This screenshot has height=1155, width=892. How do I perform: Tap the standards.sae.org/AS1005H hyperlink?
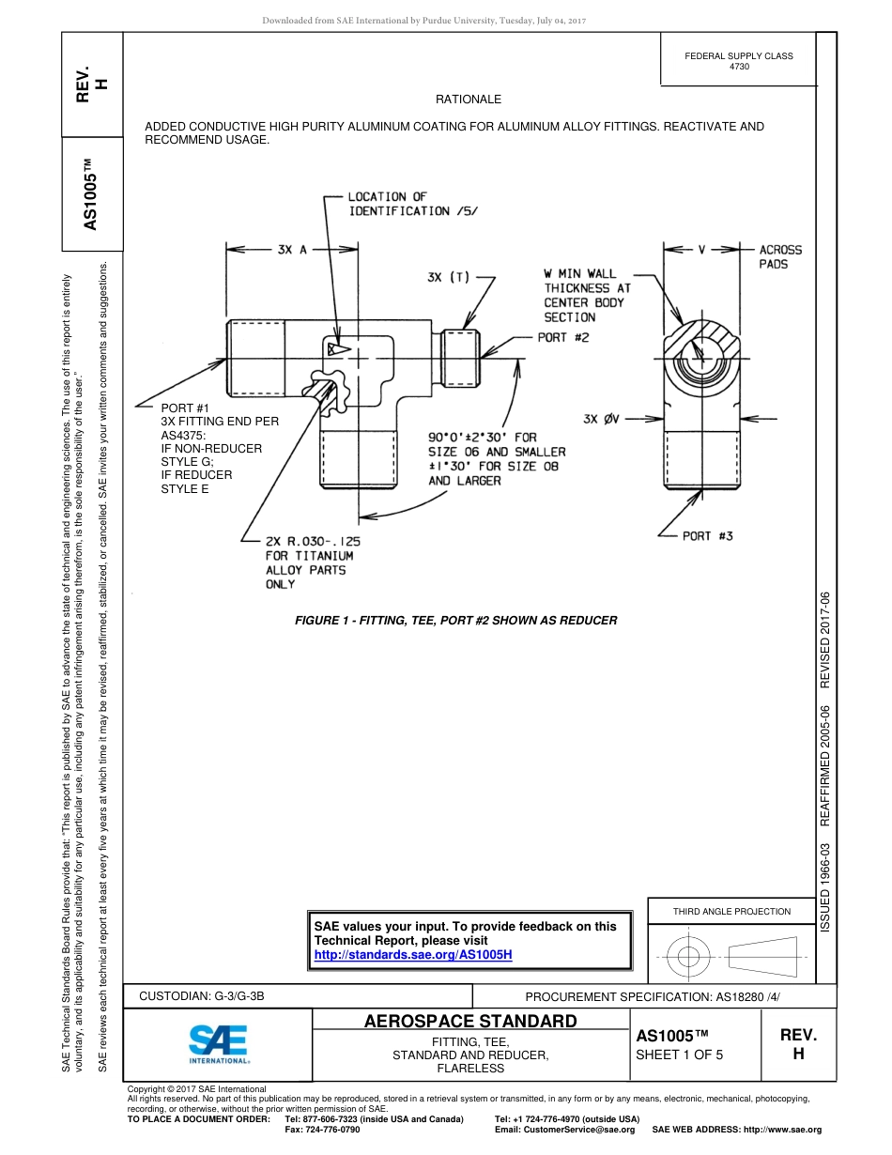(x=412, y=955)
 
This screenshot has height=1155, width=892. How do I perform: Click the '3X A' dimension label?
(x=291, y=250)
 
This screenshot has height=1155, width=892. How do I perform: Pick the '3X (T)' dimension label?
(x=448, y=277)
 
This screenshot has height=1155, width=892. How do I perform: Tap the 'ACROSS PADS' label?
(x=780, y=257)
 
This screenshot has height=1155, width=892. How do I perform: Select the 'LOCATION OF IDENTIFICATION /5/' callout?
(x=412, y=204)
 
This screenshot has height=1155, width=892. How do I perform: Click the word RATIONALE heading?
(x=468, y=100)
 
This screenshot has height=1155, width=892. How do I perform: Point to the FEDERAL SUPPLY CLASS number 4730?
(x=739, y=67)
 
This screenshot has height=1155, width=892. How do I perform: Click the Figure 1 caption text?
(x=455, y=621)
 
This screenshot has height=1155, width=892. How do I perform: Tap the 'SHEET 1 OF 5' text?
(x=679, y=1055)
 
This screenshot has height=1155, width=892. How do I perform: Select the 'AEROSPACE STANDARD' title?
(x=470, y=1022)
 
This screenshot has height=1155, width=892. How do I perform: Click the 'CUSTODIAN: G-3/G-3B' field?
(x=208, y=995)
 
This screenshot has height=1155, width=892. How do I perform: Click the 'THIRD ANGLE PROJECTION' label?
(x=731, y=911)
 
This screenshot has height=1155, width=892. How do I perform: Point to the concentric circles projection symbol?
(x=689, y=958)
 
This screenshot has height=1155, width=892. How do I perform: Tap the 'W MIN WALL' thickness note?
(x=580, y=274)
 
